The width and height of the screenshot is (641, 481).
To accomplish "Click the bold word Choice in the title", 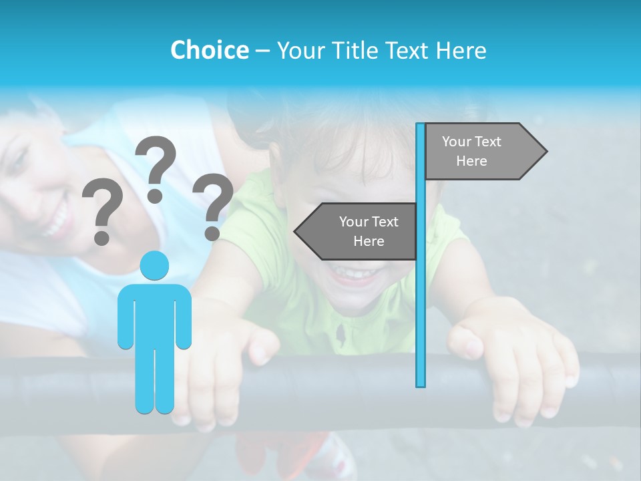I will [209, 50].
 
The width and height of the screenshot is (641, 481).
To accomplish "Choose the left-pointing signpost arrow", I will [357, 231].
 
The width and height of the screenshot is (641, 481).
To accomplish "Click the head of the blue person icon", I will [154, 265].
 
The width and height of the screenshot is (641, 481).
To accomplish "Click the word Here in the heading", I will [462, 50].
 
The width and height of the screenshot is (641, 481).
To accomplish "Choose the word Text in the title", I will [409, 50].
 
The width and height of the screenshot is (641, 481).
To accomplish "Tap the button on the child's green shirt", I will [343, 331].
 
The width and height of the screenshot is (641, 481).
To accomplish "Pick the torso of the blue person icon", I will [154, 314].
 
